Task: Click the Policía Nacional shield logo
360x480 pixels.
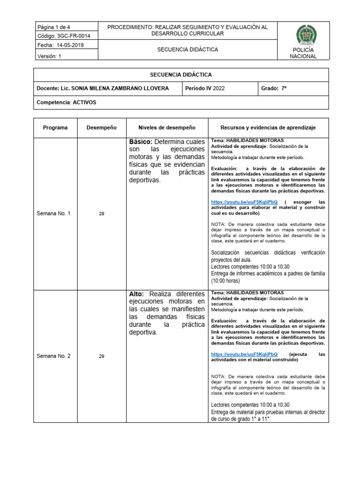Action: coord(306,36)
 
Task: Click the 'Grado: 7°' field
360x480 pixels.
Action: coord(274,89)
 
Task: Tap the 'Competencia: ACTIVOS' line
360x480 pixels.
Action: coord(66,102)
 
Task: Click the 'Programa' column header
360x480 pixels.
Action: coord(55,128)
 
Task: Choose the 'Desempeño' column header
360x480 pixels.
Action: coord(102,128)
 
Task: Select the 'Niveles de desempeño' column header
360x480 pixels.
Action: coord(167,128)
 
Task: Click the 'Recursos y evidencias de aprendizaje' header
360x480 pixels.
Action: coord(268,128)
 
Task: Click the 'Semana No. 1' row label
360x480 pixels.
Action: coord(53,214)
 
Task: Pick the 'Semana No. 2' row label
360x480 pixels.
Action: coord(53,356)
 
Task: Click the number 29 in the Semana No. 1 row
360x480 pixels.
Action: coord(102,214)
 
